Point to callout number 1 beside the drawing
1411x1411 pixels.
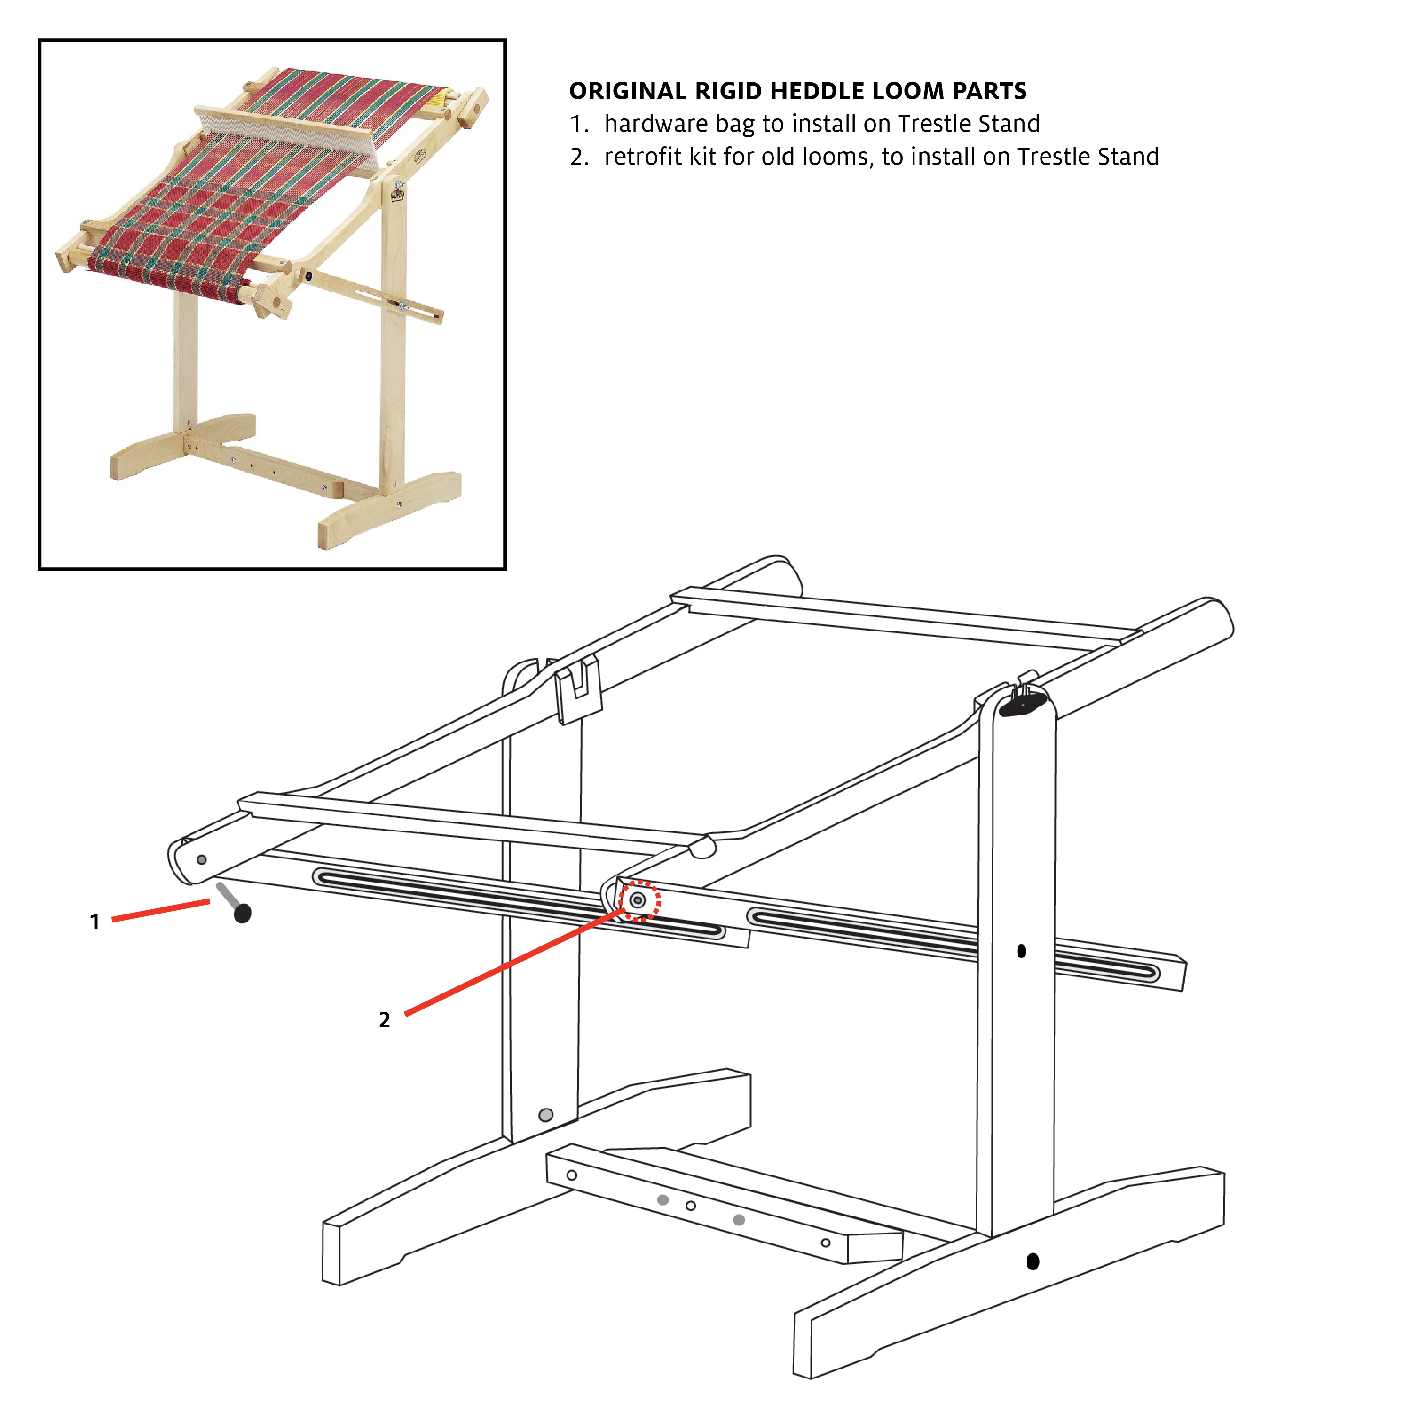point(94,922)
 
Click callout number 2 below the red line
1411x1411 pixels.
point(384,1019)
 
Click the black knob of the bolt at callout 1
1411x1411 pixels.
point(243,913)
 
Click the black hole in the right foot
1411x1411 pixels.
point(1033,1261)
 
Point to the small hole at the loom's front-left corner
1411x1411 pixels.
point(202,859)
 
